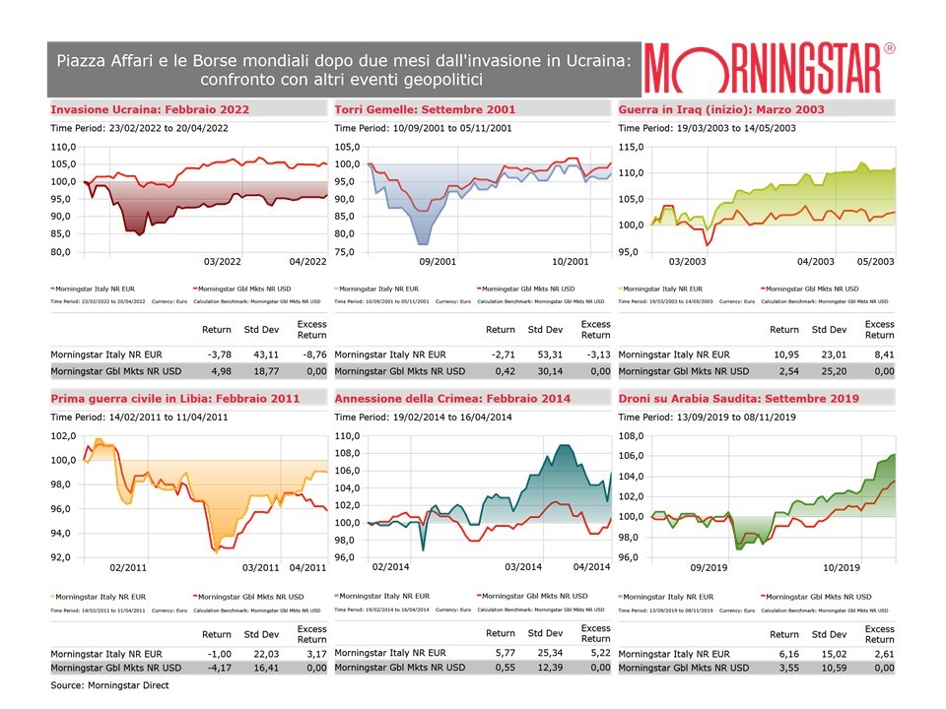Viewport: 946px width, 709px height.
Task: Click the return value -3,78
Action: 218,354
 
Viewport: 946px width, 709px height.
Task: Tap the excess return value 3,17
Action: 311,652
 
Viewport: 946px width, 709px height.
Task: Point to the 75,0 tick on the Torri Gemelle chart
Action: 346,251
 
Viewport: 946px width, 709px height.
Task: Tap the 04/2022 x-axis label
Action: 308,262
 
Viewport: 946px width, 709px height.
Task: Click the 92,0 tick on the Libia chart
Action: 62,557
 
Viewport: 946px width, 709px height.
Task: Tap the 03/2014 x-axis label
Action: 524,567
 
